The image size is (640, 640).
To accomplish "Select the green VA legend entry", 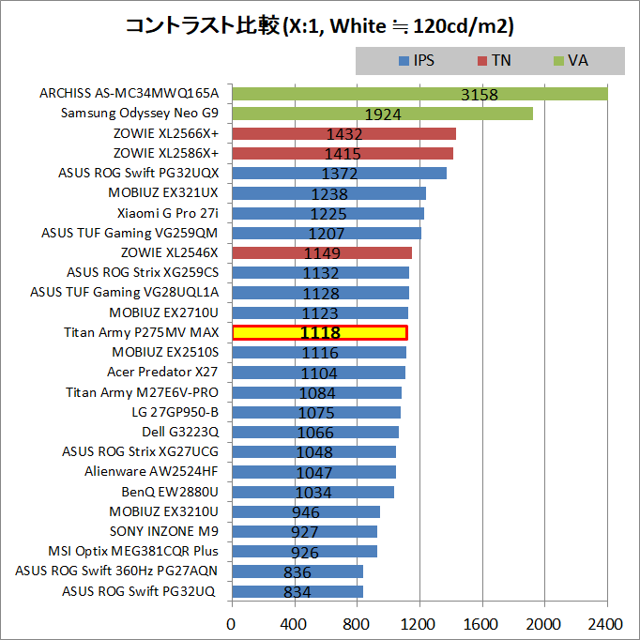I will tap(571, 60).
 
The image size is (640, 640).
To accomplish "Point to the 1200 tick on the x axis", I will tap(419, 623).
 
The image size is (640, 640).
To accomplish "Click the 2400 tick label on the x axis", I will tap(606, 623).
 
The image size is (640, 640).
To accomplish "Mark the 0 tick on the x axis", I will tap(232, 623).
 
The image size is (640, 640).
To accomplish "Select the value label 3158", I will tap(480, 95).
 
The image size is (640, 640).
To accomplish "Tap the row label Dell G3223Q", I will tap(180, 432).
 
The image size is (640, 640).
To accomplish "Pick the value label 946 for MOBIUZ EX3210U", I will tap(306, 512).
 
